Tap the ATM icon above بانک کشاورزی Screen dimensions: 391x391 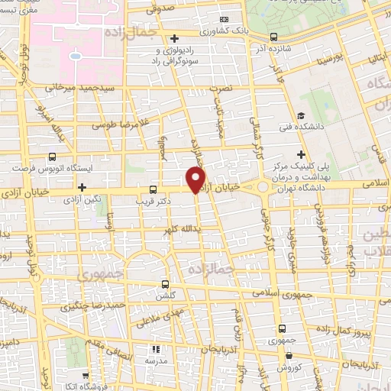[224, 19]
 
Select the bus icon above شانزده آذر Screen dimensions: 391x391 [274, 37]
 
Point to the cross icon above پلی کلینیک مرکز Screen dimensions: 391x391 [302, 153]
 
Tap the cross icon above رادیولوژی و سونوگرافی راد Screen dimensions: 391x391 [174, 37]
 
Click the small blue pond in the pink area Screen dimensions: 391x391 [76, 56]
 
